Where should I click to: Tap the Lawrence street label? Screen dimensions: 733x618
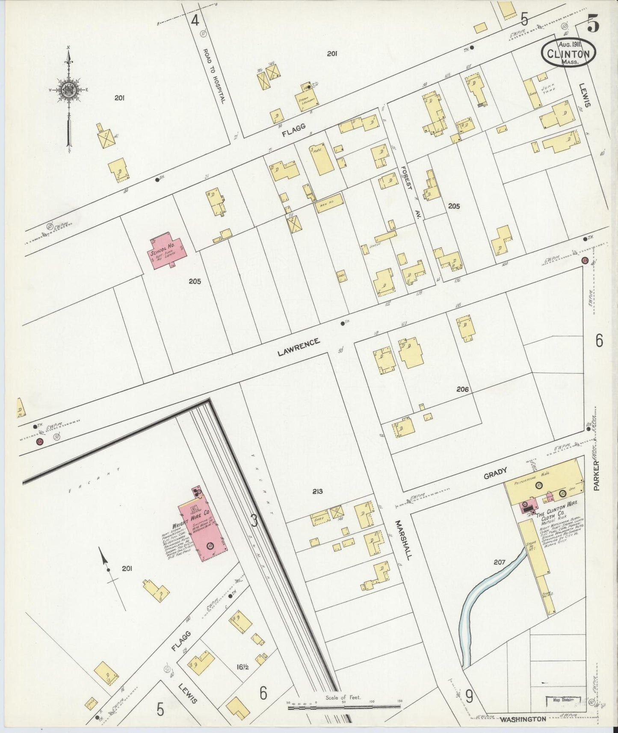click(299, 347)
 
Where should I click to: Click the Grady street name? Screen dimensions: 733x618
click(495, 473)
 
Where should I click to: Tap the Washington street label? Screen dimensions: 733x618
click(523, 719)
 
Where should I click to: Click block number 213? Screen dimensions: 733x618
click(317, 491)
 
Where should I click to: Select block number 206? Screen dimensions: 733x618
click(462, 389)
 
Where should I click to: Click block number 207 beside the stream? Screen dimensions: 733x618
click(499, 562)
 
